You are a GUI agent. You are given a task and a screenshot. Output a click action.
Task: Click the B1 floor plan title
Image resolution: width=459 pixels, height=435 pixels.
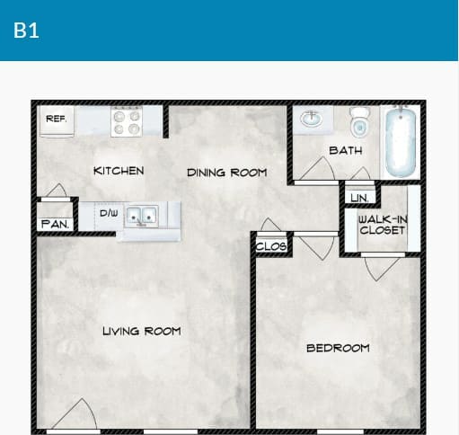(x=26, y=30)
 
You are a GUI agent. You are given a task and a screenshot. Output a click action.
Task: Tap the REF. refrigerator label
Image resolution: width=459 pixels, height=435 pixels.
(x=56, y=119)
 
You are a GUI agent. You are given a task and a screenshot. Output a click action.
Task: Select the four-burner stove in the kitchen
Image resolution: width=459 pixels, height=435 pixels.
(x=126, y=122)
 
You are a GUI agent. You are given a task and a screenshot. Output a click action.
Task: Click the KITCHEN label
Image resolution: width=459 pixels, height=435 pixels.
(x=118, y=171)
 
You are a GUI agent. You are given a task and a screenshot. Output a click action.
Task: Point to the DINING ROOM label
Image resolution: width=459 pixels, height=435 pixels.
(x=226, y=172)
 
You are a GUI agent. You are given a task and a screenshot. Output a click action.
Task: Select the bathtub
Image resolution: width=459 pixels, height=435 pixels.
(x=400, y=141)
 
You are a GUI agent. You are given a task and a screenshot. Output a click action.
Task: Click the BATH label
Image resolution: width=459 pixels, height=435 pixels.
(x=345, y=150)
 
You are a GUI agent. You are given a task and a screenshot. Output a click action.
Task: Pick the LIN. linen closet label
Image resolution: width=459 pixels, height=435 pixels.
(x=359, y=197)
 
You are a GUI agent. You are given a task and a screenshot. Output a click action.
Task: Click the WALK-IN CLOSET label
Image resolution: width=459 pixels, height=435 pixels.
(x=382, y=224)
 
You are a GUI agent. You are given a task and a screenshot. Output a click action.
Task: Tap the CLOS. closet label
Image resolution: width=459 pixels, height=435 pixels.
(x=270, y=245)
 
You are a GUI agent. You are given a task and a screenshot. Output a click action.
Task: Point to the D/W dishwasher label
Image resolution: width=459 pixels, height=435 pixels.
(x=108, y=213)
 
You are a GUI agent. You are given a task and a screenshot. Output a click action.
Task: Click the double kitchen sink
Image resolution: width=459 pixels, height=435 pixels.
(x=142, y=216)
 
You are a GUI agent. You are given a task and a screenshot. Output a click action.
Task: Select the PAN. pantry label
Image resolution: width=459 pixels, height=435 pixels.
(x=55, y=224)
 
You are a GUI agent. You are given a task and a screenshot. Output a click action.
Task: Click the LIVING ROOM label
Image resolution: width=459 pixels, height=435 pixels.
(x=141, y=331)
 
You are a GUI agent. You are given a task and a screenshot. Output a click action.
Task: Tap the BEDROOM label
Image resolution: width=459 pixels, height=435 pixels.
(x=337, y=348)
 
